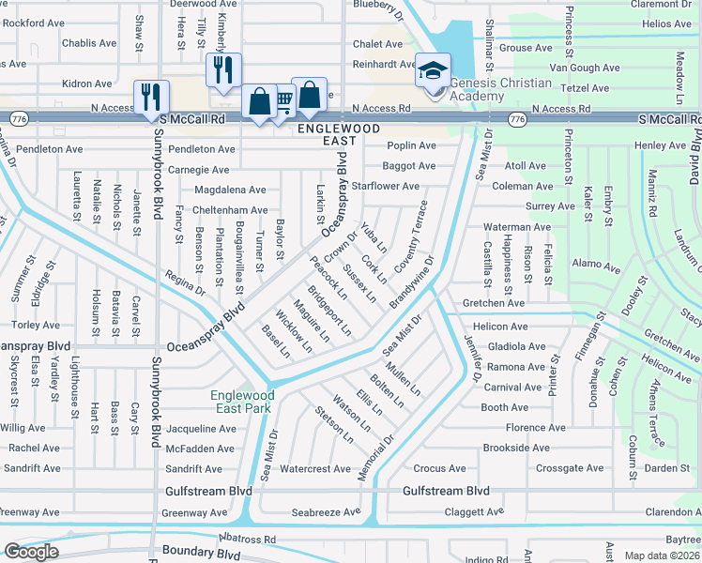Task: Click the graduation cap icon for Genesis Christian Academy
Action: (x=434, y=69)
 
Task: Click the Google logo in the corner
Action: (x=31, y=551)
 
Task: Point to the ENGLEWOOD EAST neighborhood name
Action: (x=339, y=133)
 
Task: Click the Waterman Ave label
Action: (x=516, y=227)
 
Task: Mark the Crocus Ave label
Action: (x=439, y=468)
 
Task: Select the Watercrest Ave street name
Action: (x=315, y=468)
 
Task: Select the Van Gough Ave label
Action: (x=585, y=68)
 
